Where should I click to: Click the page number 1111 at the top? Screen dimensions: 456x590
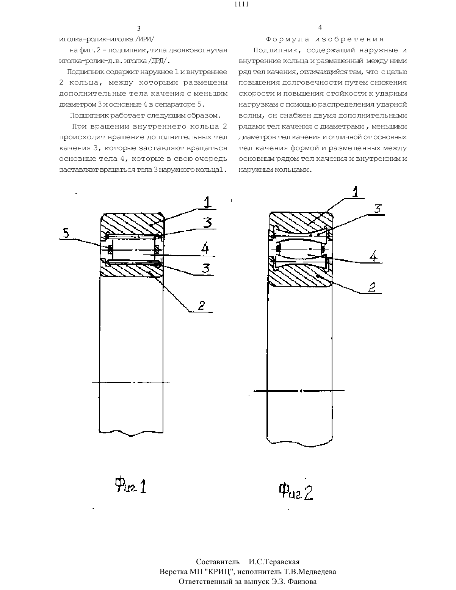tap(241, 4)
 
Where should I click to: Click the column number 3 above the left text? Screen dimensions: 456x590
tap(139, 28)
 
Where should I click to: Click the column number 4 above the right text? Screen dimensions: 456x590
tap(320, 27)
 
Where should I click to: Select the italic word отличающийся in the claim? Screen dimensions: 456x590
tap(324, 72)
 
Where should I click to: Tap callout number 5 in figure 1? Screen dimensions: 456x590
tap(66, 233)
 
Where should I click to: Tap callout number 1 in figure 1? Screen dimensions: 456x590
tap(207, 202)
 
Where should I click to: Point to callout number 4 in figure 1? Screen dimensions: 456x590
tap(205, 248)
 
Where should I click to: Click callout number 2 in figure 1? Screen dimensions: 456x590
tap(201, 306)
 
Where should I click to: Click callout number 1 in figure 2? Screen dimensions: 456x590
tap(355, 192)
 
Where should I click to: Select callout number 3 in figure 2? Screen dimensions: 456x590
tap(378, 209)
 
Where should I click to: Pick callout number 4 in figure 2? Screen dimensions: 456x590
tap(373, 256)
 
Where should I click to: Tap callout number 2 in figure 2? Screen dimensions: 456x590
tap(372, 287)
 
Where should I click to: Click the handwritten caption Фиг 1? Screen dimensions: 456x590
tap(131, 485)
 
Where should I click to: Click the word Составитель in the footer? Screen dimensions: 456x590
tap(218, 562)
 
